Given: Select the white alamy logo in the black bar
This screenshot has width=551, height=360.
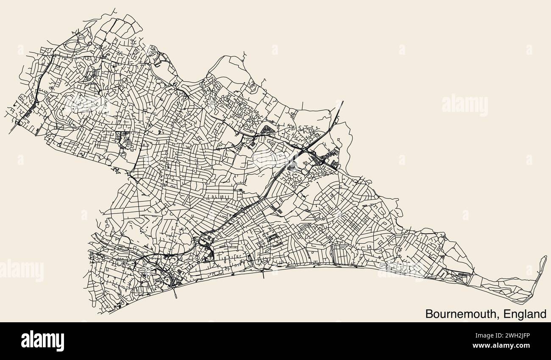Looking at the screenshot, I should (42, 340).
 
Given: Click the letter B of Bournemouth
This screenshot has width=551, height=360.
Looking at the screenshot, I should (429, 314).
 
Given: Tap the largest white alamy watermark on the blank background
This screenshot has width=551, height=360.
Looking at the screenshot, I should (465, 106).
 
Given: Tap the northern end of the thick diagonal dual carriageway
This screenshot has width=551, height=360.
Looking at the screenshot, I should (342, 101).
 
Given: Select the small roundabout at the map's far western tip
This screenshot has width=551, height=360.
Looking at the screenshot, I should (18, 123).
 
